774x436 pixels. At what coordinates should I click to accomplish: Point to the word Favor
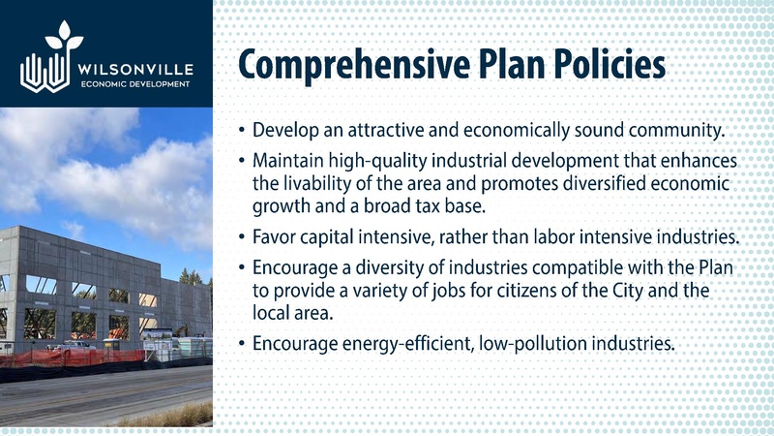click(x=273, y=235)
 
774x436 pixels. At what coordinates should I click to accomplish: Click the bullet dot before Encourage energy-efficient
click(x=239, y=343)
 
